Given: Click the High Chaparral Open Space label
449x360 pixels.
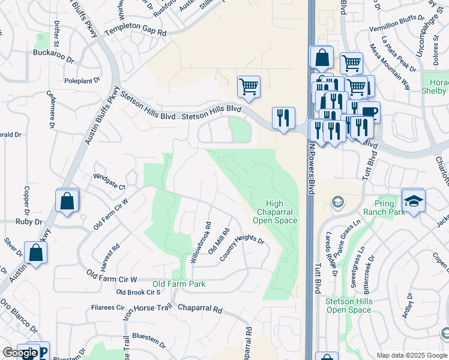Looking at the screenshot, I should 277,212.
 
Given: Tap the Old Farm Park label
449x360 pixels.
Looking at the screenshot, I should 179,284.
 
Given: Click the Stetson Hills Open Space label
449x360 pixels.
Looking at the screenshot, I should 348,305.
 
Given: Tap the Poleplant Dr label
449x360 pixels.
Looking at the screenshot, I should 82,80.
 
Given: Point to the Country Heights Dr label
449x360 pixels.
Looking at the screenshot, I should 242,247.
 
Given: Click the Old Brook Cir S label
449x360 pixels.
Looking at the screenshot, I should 138,292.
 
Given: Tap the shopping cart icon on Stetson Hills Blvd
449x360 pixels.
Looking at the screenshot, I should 249,86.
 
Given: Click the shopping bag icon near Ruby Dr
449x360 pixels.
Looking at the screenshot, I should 67,201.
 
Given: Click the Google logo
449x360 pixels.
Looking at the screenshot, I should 20,353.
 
